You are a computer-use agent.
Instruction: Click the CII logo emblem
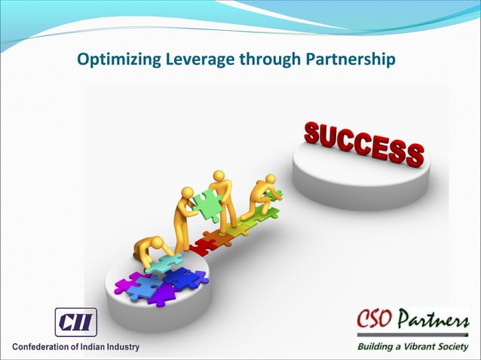coord(75,323)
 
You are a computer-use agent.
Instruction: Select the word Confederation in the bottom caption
coord(42,348)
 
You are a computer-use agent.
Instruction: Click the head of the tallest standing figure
coord(219,176)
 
